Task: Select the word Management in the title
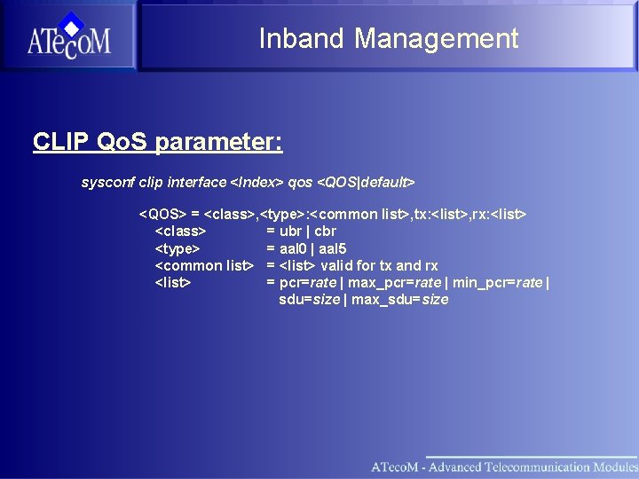[x=436, y=38]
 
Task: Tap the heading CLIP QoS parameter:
[x=157, y=142]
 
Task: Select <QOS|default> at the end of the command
[x=366, y=182]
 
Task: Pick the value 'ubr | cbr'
[x=307, y=232]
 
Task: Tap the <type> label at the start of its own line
[x=177, y=248]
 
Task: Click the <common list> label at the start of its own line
[x=204, y=265]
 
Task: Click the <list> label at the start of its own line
[x=174, y=282]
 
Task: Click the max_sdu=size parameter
[x=399, y=299]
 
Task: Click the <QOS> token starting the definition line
[x=162, y=215]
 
